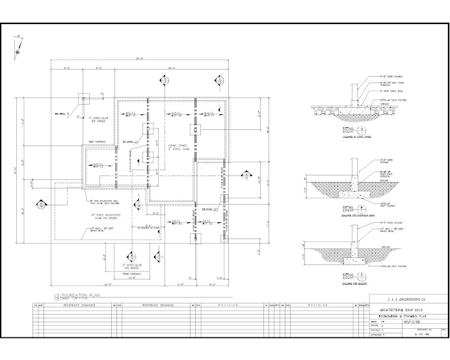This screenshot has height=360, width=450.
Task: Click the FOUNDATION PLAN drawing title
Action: point(80,294)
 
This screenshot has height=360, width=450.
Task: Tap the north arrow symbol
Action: point(20,44)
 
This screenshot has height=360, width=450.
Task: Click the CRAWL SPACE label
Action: point(177,146)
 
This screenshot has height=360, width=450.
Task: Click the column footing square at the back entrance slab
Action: point(85,99)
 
